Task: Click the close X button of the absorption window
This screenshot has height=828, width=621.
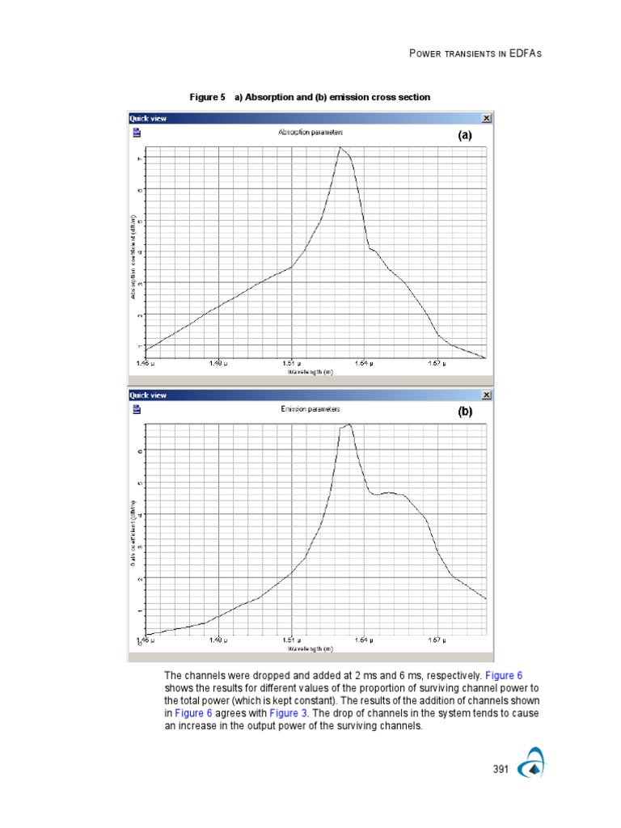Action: tap(486, 118)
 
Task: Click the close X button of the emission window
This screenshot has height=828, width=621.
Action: tap(486, 395)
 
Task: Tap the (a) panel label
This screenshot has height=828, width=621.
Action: tap(464, 136)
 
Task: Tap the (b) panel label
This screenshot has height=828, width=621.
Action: tap(464, 412)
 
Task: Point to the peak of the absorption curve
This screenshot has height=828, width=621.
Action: tap(340, 147)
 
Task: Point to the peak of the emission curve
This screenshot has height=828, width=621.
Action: tap(349, 423)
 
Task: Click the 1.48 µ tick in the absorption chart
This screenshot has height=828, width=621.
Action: tap(217, 364)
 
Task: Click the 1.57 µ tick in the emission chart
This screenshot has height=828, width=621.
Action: tap(435, 640)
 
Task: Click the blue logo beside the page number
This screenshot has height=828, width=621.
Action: tap(532, 767)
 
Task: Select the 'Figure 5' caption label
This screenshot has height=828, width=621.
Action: tap(207, 97)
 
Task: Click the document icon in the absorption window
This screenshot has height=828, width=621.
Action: tap(137, 133)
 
